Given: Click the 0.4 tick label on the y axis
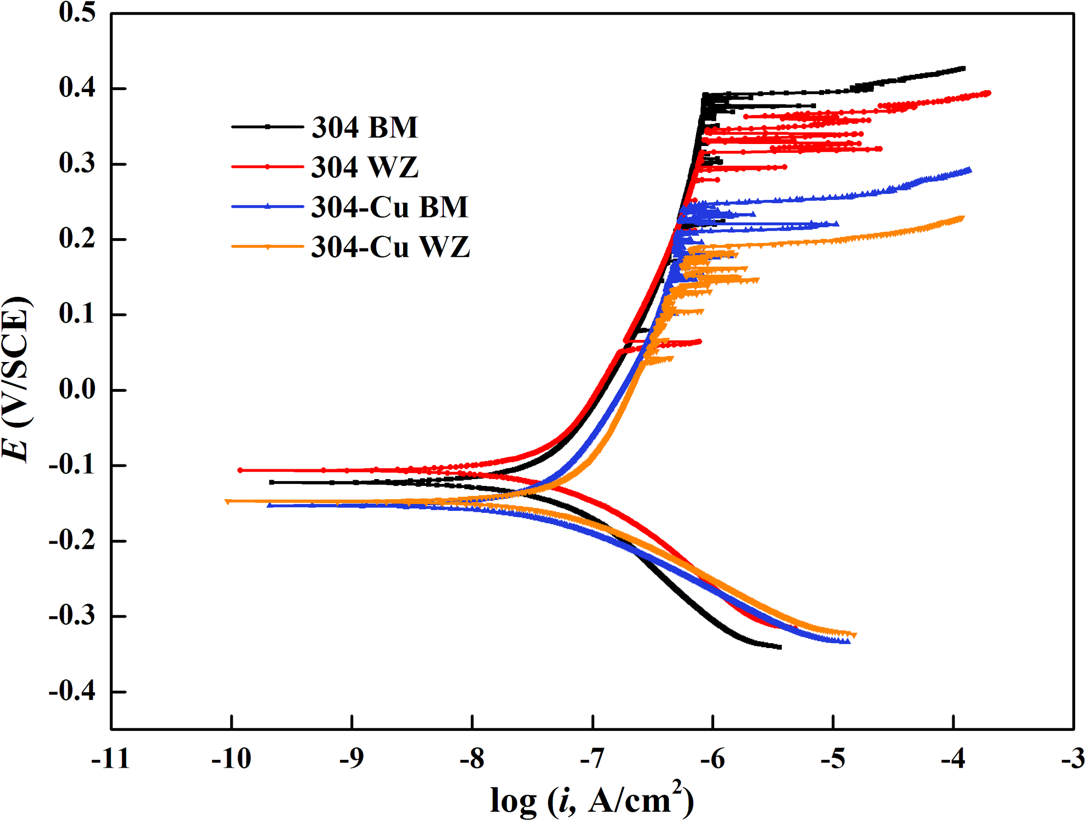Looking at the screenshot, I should coord(77,89).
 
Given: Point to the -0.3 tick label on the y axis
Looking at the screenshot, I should coord(72,616).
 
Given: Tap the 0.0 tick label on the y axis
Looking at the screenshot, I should coord(77,390).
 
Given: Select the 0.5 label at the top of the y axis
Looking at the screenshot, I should coord(77,12).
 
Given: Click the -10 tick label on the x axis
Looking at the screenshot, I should coord(231,759).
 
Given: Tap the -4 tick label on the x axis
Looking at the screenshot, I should coord(953,759).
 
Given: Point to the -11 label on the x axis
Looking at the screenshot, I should coord(111,759).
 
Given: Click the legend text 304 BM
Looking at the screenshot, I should coord(365,128).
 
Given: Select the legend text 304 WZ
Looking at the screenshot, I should coord(365,168).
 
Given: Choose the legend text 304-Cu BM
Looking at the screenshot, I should coord(390,207).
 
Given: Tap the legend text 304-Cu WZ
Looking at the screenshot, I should coord(391,247).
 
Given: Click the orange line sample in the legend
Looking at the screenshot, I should coord(267,247).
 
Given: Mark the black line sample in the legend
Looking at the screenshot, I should coord(267,127).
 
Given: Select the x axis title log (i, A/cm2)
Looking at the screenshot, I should coord(592,800).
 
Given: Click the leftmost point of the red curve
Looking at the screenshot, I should coord(240,470).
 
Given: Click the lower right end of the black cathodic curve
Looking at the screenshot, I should coord(780,647).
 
